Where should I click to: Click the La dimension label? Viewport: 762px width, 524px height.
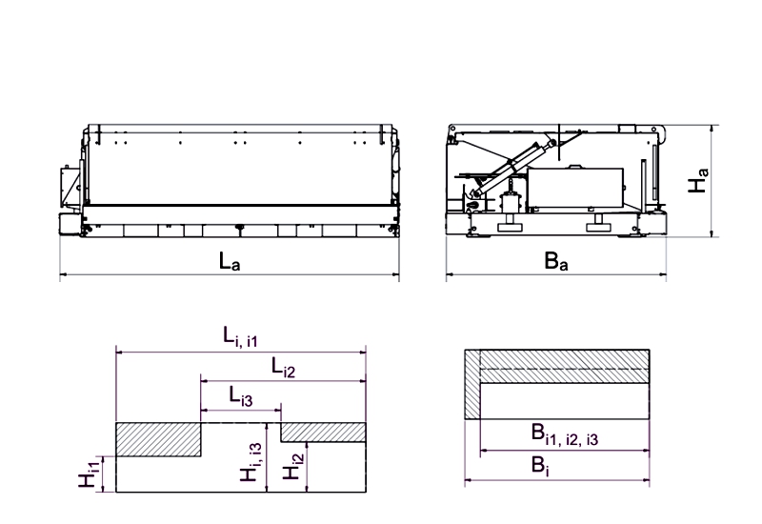(230, 261)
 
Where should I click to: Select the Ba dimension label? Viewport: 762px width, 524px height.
(556, 260)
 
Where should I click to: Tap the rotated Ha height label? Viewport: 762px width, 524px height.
(698, 180)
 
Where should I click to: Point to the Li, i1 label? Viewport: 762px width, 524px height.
(240, 337)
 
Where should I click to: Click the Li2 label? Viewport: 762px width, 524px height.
(283, 367)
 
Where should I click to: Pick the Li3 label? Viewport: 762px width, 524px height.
(241, 396)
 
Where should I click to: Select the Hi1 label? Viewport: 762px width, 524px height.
(90, 472)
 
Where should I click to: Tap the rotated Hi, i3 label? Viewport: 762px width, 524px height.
(251, 462)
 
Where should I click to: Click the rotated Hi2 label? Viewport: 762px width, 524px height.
(293, 466)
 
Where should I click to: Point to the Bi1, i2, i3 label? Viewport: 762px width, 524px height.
(564, 434)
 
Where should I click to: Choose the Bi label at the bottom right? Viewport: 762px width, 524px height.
(540, 466)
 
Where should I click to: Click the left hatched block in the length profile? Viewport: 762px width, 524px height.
(158, 439)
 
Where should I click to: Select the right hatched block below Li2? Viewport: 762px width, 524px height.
(323, 433)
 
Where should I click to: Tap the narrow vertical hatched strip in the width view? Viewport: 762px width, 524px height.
(472, 384)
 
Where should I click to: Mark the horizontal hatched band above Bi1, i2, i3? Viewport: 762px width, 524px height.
(565, 366)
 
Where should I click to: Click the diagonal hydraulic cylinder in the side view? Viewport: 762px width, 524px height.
(513, 168)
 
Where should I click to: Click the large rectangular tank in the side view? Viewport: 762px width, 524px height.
(575, 189)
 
